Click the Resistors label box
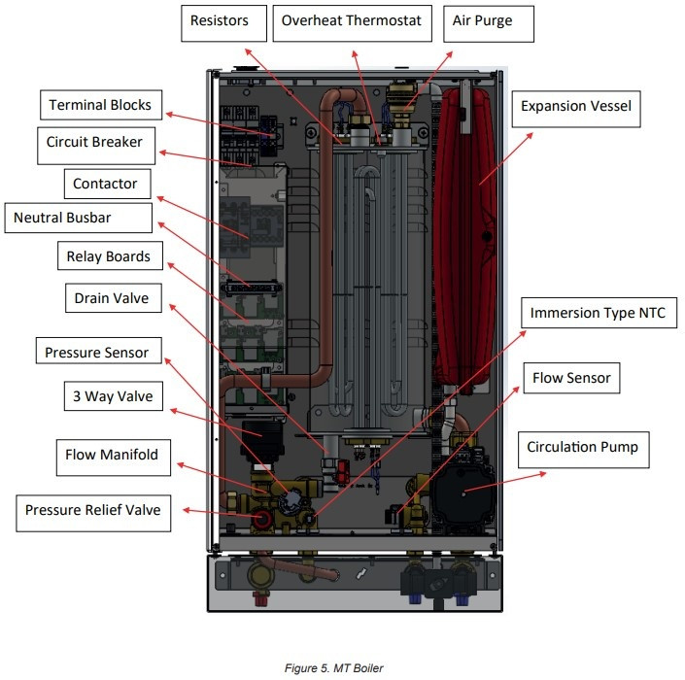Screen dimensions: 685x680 click(223, 23)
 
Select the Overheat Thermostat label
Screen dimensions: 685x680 click(352, 23)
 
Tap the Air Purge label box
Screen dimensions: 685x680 click(489, 23)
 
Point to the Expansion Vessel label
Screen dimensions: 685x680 click(576, 109)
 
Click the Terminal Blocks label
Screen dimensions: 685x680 click(101, 105)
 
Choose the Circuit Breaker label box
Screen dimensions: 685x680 click(96, 146)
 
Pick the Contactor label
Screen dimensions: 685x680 click(108, 184)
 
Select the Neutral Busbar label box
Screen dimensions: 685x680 click(78, 218)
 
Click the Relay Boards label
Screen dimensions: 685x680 click(110, 255)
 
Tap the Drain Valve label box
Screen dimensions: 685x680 click(114, 298)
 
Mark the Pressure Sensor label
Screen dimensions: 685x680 click(99, 351)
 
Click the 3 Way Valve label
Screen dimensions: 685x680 click(114, 396)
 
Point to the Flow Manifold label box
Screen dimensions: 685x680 click(114, 458)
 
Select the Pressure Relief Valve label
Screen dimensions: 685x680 click(93, 513)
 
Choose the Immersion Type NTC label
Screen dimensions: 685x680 click(599, 313)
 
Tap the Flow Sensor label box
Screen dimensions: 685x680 click(571, 378)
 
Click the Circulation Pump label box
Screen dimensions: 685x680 click(584, 450)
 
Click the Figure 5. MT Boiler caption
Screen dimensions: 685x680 click(334, 668)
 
